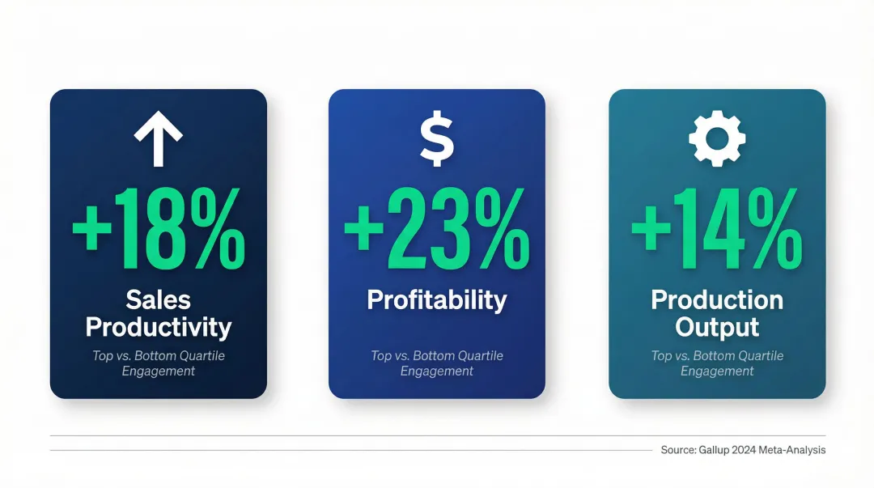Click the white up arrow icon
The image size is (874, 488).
click(x=159, y=138)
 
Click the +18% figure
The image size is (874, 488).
click(x=159, y=231)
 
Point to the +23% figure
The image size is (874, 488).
click(x=437, y=231)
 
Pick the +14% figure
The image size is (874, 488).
click(x=717, y=231)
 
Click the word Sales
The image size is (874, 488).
click(x=159, y=300)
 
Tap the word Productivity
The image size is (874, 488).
click(x=159, y=328)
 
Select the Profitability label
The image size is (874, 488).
click(x=437, y=300)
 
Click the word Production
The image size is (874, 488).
click(x=717, y=300)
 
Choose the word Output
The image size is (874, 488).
click(x=717, y=328)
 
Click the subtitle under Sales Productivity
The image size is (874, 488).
click(x=159, y=363)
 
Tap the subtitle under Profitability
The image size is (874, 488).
click(x=437, y=363)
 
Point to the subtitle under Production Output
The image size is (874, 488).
click(x=717, y=363)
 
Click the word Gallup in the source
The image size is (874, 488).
click(x=715, y=450)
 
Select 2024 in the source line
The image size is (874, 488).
click(x=748, y=450)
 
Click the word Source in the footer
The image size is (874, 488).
click(x=677, y=450)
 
